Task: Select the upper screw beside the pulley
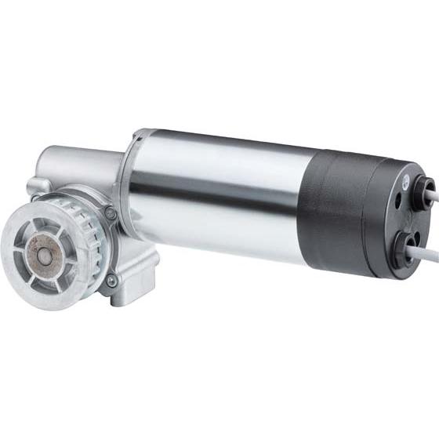(x=111, y=212)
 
